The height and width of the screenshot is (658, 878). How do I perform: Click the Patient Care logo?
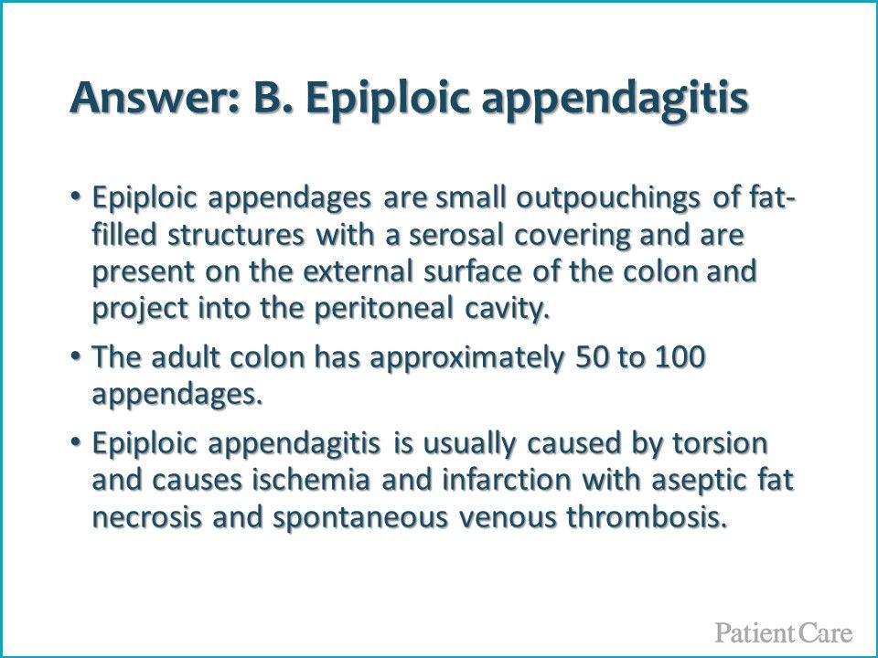784,632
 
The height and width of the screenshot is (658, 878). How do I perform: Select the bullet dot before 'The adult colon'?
76,356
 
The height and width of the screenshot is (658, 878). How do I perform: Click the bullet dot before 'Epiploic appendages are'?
76,197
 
